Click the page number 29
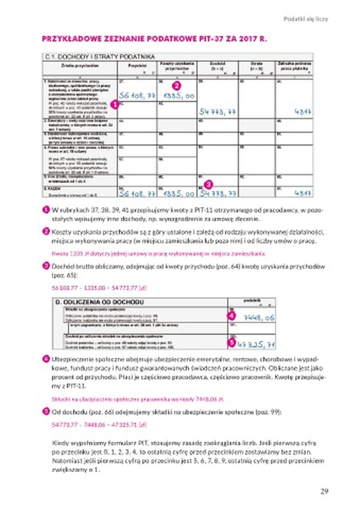click(324, 491)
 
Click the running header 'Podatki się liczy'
click(305, 19)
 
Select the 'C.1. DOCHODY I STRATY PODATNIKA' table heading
click(99, 57)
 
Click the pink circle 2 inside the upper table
click(175, 86)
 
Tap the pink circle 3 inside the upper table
click(208, 184)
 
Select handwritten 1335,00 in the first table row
click(177, 95)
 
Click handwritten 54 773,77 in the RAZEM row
click(217, 192)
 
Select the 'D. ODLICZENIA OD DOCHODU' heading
click(99, 302)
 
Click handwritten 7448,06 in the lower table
click(259, 317)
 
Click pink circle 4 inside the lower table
click(231, 316)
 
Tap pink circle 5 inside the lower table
click(231, 342)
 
